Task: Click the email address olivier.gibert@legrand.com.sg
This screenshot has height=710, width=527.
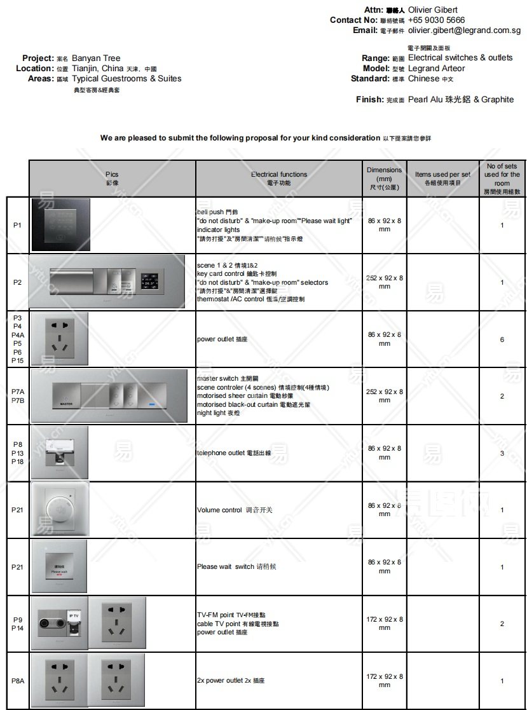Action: pyautogui.click(x=464, y=31)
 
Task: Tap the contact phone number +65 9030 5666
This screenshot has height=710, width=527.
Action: pyautogui.click(x=436, y=20)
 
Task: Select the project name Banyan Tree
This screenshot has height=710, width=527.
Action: pyautogui.click(x=96, y=58)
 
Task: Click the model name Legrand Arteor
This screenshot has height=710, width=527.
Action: pyautogui.click(x=436, y=69)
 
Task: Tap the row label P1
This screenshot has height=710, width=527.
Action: pyautogui.click(x=17, y=226)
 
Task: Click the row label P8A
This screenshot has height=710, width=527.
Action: pyautogui.click(x=17, y=681)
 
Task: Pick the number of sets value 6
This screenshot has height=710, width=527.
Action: pyautogui.click(x=502, y=339)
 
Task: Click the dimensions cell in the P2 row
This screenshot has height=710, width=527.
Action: pyautogui.click(x=384, y=282)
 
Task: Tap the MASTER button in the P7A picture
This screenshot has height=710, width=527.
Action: pyautogui.click(x=66, y=398)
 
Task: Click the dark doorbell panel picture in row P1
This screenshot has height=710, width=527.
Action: pyautogui.click(x=61, y=225)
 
